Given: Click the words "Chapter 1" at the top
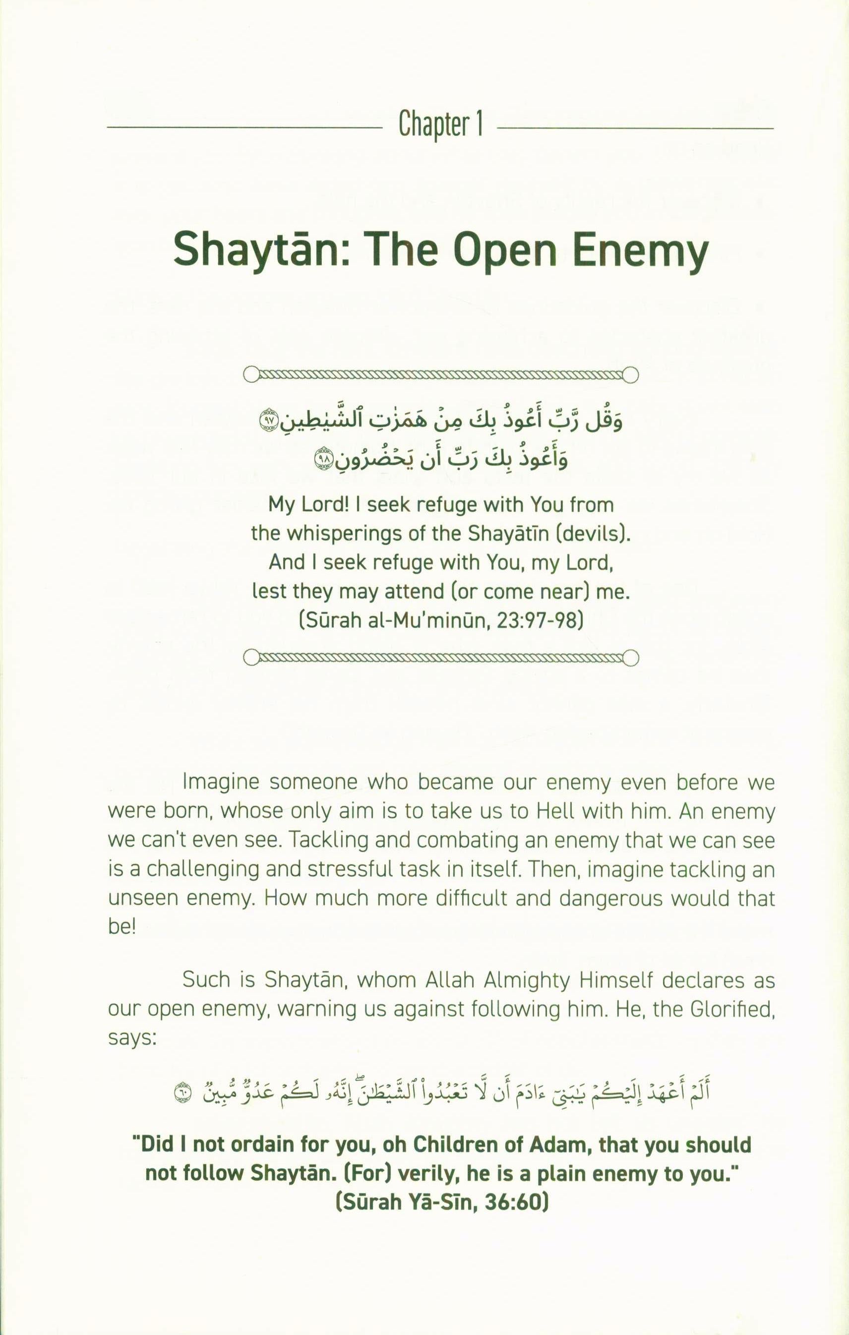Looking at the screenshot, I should pos(440,125).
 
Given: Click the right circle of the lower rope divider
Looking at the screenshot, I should pos(630,658).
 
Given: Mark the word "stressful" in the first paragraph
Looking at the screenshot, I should pos(344,869).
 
